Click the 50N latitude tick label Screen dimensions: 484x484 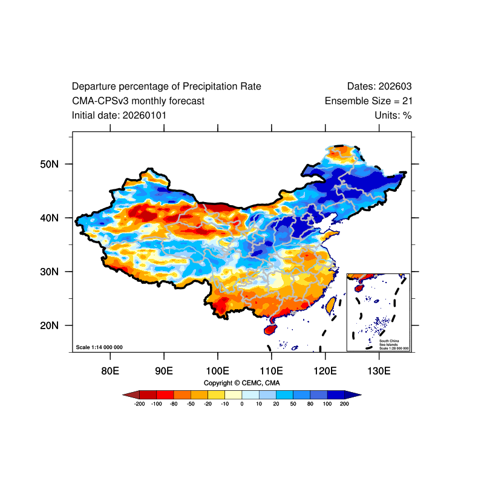(x=48, y=164)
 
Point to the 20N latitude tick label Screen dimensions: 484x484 (x=48, y=325)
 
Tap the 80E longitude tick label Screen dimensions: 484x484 (x=110, y=370)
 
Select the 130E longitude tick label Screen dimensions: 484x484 (x=379, y=370)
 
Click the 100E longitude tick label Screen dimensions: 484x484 (x=217, y=370)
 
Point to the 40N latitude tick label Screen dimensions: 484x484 (x=48, y=218)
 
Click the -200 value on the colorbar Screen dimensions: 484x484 (x=139, y=404)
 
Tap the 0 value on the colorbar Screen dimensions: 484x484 (x=242, y=404)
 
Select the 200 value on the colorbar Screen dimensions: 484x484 (x=345, y=404)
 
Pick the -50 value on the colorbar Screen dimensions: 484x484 (x=191, y=404)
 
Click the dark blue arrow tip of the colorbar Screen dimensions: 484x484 (x=356, y=394)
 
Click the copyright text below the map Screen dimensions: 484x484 (x=242, y=383)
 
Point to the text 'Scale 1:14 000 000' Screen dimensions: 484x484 (x=99, y=347)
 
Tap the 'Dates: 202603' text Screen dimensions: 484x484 (x=379, y=87)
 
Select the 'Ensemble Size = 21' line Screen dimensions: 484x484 (x=368, y=101)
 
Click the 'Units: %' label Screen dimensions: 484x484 (x=393, y=115)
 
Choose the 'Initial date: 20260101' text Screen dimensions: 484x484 (x=119, y=115)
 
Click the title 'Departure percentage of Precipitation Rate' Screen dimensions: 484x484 (x=166, y=87)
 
